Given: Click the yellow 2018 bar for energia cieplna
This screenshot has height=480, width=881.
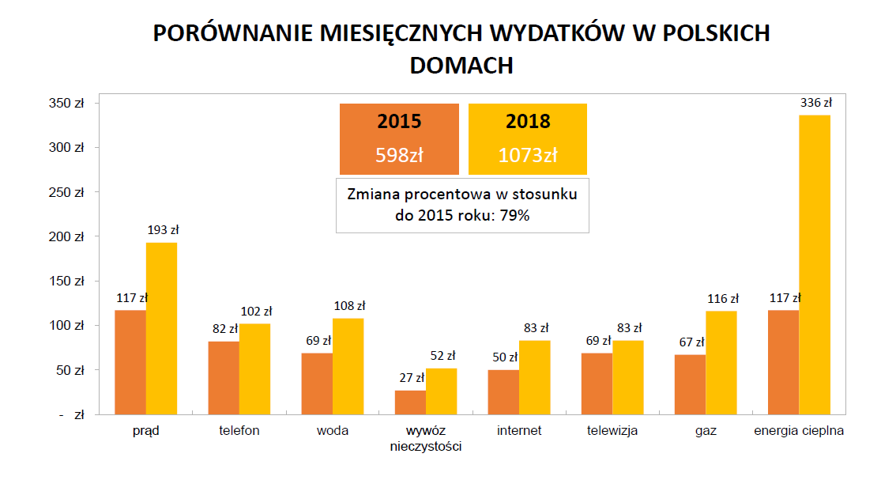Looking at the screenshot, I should [x=815, y=264].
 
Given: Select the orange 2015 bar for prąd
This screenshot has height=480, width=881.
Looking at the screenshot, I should [x=130, y=361].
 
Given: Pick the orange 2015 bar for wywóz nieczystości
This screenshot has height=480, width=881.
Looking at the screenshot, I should [x=410, y=402].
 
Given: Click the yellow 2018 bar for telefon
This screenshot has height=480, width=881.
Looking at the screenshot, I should [x=254, y=369].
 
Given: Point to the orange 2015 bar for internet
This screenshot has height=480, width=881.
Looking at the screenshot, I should [x=503, y=391].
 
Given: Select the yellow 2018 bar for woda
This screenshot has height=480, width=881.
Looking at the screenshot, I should [x=348, y=366].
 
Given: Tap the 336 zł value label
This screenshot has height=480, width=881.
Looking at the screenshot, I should [x=816, y=102].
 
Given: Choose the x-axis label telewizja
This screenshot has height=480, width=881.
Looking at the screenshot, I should [x=612, y=431].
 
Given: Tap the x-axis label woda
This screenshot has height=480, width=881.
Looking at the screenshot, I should [x=333, y=431].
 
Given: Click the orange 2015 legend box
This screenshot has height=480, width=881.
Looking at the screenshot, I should [x=399, y=138].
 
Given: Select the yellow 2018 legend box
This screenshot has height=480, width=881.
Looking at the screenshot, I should [x=528, y=138].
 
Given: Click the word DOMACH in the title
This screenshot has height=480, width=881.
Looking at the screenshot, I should [x=461, y=66].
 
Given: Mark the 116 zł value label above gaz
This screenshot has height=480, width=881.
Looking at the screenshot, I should [x=723, y=299].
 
